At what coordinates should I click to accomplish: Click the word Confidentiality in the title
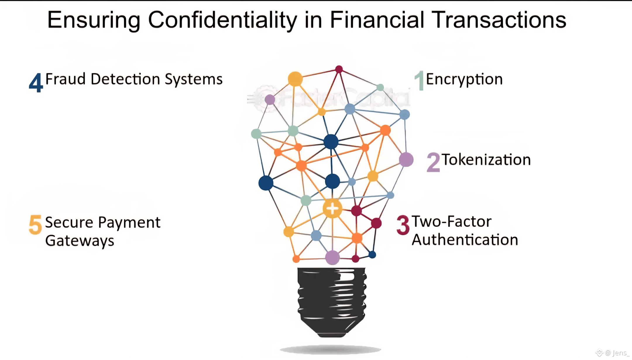(x=222, y=20)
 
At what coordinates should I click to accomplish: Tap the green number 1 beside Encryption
(x=420, y=80)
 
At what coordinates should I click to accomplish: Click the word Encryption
(x=464, y=79)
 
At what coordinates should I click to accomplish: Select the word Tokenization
(x=486, y=160)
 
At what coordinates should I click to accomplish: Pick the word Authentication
(x=465, y=240)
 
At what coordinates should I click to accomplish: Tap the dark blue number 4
(x=36, y=83)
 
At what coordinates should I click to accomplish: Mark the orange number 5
(x=35, y=225)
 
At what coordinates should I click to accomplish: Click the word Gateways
(x=80, y=241)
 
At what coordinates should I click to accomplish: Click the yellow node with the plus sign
(x=332, y=209)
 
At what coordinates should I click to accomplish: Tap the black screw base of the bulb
(x=332, y=301)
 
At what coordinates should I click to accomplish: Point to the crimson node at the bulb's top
(x=339, y=69)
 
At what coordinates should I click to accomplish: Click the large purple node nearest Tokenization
(x=406, y=160)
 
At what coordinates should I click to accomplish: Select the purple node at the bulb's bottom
(x=332, y=258)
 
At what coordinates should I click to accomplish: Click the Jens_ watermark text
(x=620, y=353)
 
